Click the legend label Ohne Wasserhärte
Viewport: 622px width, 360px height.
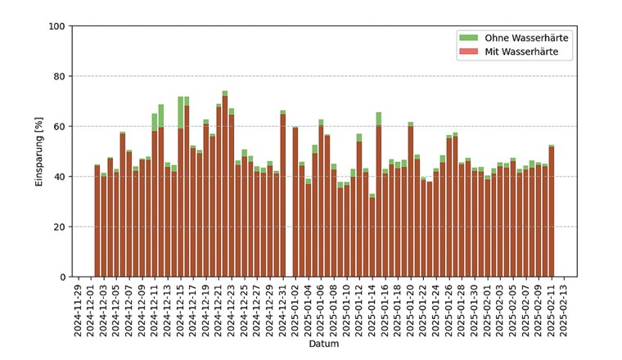(x=526, y=38)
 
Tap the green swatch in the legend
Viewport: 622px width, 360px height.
(x=467, y=38)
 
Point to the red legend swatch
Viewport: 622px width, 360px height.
(x=467, y=52)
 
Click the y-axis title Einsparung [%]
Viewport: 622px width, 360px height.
(x=38, y=151)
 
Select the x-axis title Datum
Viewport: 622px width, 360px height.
(x=324, y=344)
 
